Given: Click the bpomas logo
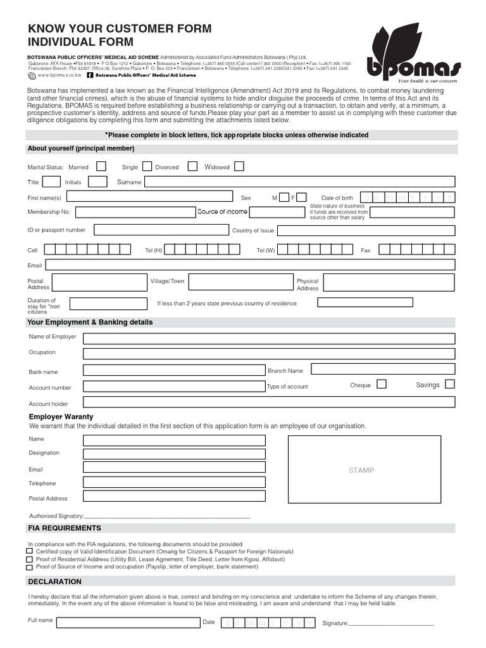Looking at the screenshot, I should pyautogui.click(x=414, y=53).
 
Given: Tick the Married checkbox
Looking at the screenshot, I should pyautogui.click(x=101, y=166).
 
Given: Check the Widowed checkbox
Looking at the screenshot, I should pyautogui.click(x=239, y=166).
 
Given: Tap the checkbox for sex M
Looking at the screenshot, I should pyautogui.click(x=285, y=197).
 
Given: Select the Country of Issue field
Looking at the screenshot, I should pyautogui.click(x=366, y=230).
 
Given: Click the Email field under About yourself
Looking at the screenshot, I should pyautogui.click(x=250, y=265).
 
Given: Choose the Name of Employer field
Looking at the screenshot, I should pyautogui.click(x=269, y=338).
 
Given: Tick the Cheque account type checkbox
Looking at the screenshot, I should pyautogui.click(x=382, y=384).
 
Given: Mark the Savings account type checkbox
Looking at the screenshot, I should pyautogui.click(x=449, y=384).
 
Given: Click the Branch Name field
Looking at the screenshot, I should pyautogui.click(x=383, y=369).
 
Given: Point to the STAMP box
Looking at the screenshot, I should pyautogui.click(x=361, y=470).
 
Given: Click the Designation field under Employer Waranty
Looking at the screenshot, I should pyautogui.click(x=174, y=454).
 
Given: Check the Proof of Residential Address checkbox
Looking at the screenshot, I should pyautogui.click(x=29, y=559).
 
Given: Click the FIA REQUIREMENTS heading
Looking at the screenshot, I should pyautogui.click(x=65, y=528).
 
